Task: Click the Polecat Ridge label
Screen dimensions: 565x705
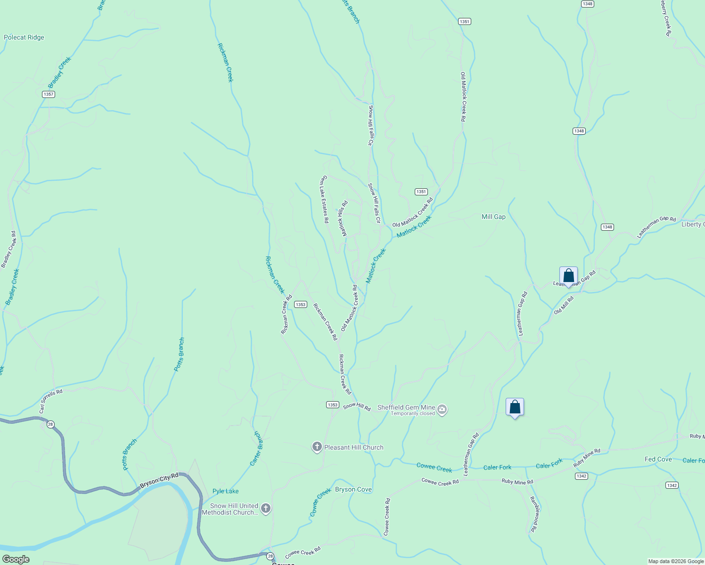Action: (x=24, y=38)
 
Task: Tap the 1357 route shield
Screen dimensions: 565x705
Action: (x=49, y=94)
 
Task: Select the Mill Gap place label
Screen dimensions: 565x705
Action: (x=493, y=217)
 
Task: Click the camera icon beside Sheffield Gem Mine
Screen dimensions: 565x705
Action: (x=442, y=409)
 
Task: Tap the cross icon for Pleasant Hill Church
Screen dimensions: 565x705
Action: (x=317, y=447)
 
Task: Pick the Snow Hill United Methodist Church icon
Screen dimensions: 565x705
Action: (x=266, y=508)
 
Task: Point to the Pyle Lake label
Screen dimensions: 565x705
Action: (x=226, y=491)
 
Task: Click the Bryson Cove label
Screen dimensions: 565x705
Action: (x=353, y=489)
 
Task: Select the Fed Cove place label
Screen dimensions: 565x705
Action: (x=658, y=459)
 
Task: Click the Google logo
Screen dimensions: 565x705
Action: (x=16, y=559)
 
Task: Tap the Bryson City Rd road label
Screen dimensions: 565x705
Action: (x=159, y=481)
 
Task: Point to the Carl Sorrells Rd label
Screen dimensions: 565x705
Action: (x=50, y=401)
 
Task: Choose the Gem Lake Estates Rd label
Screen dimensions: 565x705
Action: (x=324, y=199)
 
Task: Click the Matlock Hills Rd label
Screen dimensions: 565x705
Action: (x=343, y=218)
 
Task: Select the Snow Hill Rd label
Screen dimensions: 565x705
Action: (x=357, y=407)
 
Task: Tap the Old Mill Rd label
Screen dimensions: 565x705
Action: (x=564, y=305)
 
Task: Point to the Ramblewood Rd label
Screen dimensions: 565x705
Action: (x=534, y=514)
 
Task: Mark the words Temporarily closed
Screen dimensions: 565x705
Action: (x=412, y=413)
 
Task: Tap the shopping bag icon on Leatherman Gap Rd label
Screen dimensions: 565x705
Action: (x=568, y=275)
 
